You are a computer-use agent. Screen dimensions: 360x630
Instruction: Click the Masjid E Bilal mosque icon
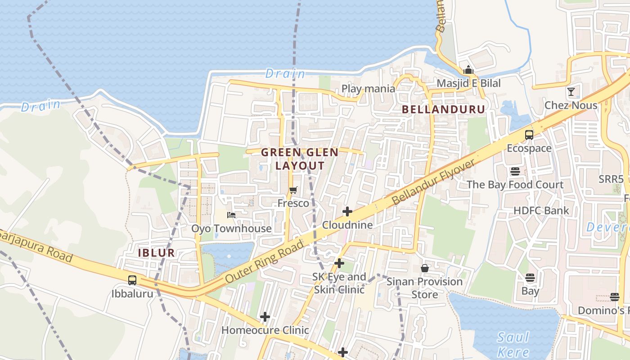468,70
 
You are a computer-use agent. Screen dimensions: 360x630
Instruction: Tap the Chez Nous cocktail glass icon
571,92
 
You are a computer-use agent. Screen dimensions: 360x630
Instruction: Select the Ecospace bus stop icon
529,135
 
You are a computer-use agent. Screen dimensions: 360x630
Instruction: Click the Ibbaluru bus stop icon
132,280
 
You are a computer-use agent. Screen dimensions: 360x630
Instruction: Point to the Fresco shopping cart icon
293,190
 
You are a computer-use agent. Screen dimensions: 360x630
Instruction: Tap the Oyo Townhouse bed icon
231,215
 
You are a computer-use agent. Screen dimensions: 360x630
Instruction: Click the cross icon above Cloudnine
347,211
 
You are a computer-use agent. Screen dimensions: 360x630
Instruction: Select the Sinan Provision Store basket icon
424,268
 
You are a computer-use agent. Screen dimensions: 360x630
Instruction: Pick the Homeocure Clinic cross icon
265,317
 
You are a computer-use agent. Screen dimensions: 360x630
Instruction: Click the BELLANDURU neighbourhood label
443,109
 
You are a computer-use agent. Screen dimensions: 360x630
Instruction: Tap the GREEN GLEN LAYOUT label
300,159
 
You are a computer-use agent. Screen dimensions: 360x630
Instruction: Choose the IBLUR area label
156,252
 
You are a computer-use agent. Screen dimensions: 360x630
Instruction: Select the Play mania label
368,89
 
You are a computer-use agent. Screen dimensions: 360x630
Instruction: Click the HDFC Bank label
541,211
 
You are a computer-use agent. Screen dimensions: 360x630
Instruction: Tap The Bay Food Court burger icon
515,171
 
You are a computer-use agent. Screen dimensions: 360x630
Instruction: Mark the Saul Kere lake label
513,344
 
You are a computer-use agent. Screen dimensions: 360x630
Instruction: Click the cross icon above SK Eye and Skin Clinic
339,263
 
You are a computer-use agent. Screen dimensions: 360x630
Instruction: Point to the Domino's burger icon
615,297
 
